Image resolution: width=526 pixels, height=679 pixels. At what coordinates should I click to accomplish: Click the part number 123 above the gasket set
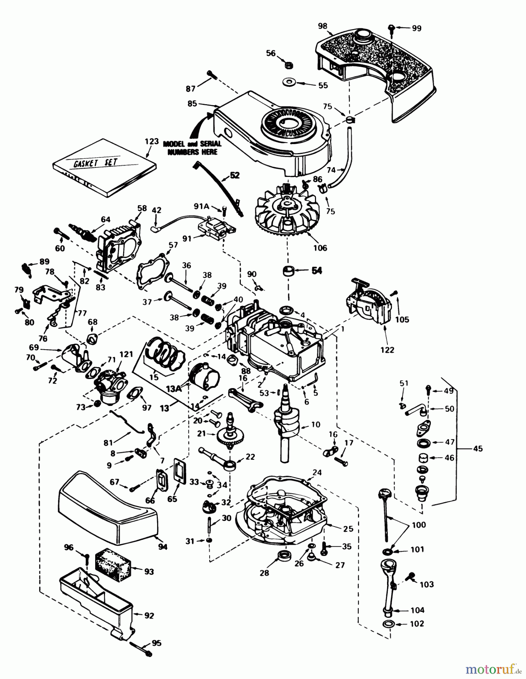pyautogui.click(x=152, y=142)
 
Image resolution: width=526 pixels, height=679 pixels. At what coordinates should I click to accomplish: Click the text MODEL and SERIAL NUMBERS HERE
pyautogui.click(x=192, y=148)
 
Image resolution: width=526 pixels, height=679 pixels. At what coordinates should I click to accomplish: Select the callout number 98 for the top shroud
pyautogui.click(x=322, y=26)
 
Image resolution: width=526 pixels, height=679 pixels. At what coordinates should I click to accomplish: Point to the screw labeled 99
pyautogui.click(x=392, y=27)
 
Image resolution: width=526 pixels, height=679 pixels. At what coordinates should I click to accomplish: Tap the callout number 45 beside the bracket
pyautogui.click(x=478, y=449)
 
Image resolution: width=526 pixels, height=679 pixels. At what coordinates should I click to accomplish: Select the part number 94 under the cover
pyautogui.click(x=163, y=547)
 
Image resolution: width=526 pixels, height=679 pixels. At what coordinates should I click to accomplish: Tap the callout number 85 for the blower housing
pyautogui.click(x=192, y=103)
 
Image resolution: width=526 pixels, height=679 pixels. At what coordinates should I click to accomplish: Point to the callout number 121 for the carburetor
pyautogui.click(x=126, y=354)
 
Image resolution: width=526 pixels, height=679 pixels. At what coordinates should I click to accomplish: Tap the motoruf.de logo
pyautogui.click(x=491, y=670)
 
